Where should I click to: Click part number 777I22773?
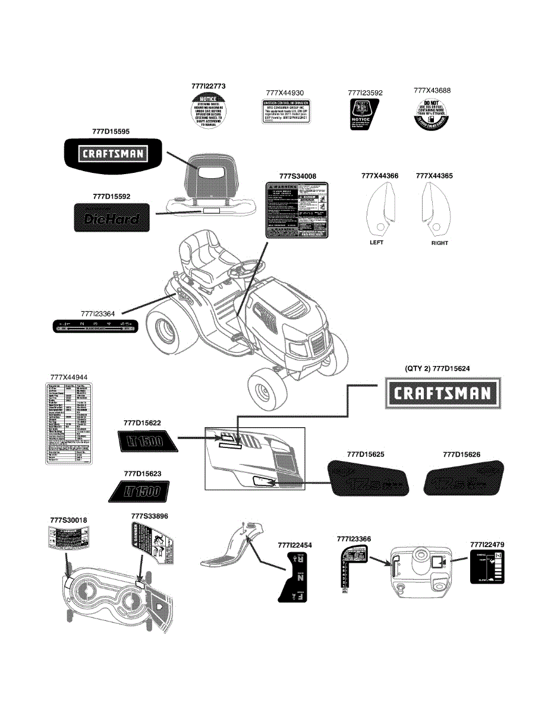pyautogui.click(x=209, y=86)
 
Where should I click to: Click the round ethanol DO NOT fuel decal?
pyautogui.click(x=432, y=112)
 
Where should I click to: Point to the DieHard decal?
pyautogui.click(x=112, y=217)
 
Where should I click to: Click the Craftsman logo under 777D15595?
pyautogui.click(x=113, y=154)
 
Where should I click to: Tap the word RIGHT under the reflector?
pyautogui.click(x=439, y=242)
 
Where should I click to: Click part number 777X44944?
pyautogui.click(x=69, y=377)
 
